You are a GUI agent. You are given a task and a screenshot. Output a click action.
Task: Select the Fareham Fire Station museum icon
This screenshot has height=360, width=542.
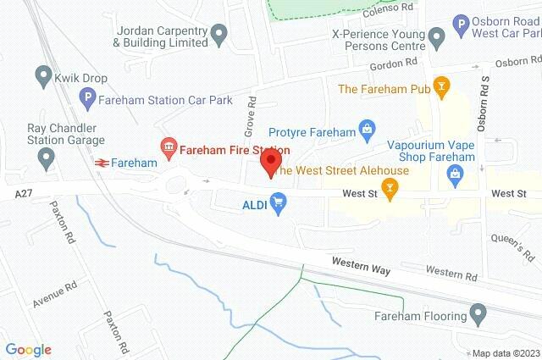pos(168,150)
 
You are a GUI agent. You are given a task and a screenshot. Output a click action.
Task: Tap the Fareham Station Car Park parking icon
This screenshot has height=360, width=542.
pos(86,100)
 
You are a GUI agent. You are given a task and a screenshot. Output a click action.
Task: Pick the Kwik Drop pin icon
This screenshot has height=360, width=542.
pos(43,77)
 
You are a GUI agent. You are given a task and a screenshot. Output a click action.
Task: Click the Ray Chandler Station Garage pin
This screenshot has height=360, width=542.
pos(47,157)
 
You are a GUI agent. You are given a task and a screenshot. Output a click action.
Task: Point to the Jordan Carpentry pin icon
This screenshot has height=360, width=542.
pos(219,36)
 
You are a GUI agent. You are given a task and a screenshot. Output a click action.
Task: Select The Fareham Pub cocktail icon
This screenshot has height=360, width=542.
pos(440,88)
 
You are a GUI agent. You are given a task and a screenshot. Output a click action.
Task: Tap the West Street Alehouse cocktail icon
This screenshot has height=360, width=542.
pos(390,191)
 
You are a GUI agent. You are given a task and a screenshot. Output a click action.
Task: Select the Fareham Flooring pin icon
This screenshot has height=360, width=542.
pos(478,317)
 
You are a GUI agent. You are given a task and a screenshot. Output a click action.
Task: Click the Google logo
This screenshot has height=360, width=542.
pos(28,350)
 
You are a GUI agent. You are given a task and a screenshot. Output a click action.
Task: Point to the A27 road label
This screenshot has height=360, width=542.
pos(25,195)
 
